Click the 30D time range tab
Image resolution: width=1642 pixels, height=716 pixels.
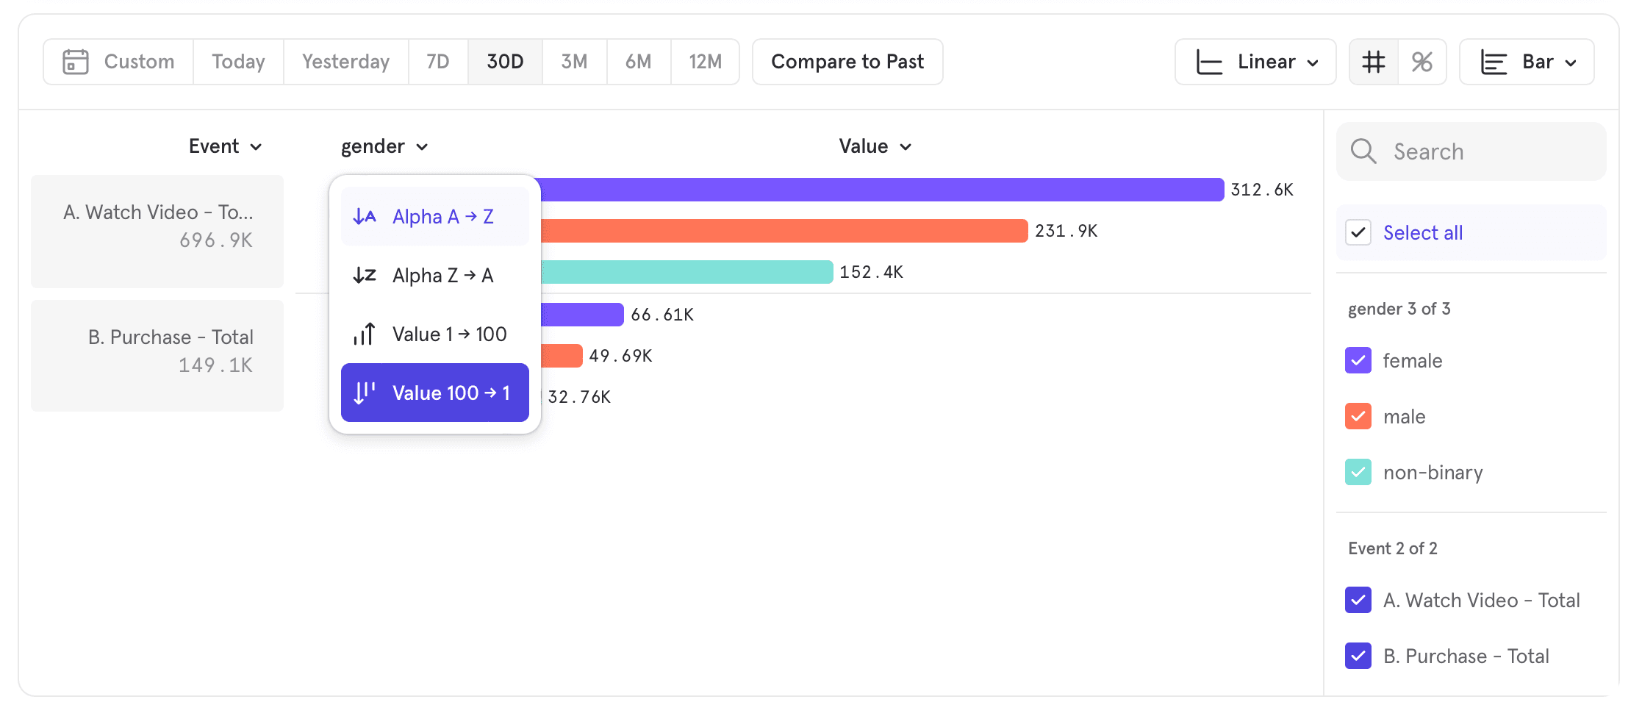(x=505, y=62)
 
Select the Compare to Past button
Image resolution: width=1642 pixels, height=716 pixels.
(x=847, y=62)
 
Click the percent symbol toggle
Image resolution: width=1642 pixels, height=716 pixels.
(x=1421, y=62)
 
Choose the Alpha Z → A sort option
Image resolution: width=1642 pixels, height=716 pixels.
(x=434, y=276)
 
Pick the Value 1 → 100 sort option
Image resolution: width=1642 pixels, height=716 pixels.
(x=434, y=334)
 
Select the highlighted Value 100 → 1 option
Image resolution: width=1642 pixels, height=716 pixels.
(x=434, y=393)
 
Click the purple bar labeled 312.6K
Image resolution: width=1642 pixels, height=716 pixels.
(x=882, y=190)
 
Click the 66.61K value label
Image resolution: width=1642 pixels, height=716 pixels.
(x=662, y=315)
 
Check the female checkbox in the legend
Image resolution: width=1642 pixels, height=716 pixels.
(x=1358, y=361)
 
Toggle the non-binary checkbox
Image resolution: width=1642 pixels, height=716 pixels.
(x=1358, y=473)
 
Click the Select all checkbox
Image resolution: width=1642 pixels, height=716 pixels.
(x=1358, y=233)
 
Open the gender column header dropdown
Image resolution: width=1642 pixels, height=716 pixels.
(x=384, y=146)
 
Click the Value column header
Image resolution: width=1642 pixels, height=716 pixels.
(x=875, y=146)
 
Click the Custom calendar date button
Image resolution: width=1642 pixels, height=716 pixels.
(x=118, y=62)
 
